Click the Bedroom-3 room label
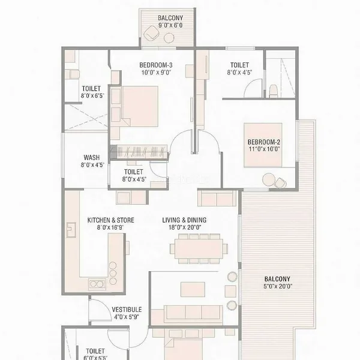click(x=156, y=65)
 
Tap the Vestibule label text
click(x=127, y=310)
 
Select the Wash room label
click(x=92, y=157)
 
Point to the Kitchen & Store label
click(x=110, y=220)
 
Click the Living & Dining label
click(x=184, y=220)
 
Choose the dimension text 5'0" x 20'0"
click(x=278, y=286)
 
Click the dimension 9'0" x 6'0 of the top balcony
click(x=170, y=25)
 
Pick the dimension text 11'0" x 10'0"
click(x=264, y=149)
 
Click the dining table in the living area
click(x=199, y=248)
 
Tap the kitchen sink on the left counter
click(x=71, y=230)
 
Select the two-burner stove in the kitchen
click(x=97, y=284)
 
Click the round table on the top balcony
click(x=169, y=38)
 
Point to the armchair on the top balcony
click(x=152, y=32)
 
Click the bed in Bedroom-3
click(x=140, y=106)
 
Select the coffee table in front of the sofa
click(x=193, y=289)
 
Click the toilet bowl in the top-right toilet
click(x=274, y=91)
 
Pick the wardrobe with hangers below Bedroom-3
click(x=139, y=152)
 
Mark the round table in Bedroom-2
click(x=268, y=179)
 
